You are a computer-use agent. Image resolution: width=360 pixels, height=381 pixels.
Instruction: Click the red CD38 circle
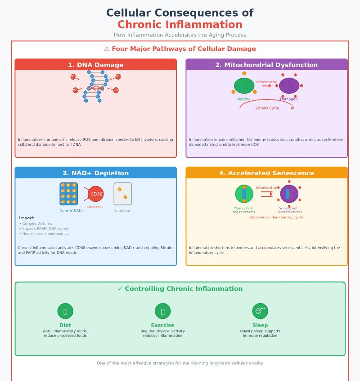[x=95, y=194]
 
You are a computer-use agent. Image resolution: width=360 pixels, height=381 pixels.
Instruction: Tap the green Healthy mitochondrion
[x=244, y=86]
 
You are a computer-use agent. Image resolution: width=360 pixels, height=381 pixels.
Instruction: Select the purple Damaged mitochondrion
[x=289, y=86]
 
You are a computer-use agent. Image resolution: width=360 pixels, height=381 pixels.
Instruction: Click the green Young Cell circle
[x=244, y=194]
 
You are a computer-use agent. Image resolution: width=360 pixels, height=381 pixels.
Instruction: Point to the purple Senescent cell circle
[x=289, y=194]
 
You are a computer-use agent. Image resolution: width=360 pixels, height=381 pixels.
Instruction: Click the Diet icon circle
[x=65, y=311]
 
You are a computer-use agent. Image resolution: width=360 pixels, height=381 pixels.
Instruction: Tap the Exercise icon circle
[x=162, y=311]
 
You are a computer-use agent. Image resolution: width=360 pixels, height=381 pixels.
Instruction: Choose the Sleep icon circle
[x=260, y=311]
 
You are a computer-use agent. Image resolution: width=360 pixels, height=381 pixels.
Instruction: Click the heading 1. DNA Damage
[x=95, y=65]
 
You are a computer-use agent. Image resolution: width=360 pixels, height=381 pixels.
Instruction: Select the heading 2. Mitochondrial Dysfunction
[x=266, y=65]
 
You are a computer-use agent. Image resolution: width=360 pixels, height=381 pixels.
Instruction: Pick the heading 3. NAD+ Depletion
[x=95, y=173]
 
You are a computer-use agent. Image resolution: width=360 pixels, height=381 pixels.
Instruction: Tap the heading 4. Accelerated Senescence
[x=266, y=173]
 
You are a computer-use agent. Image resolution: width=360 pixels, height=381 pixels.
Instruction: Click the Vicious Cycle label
[x=267, y=108]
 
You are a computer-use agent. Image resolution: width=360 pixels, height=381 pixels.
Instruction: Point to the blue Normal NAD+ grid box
[x=68, y=194]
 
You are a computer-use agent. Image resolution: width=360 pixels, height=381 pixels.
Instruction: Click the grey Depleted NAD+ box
[x=122, y=194]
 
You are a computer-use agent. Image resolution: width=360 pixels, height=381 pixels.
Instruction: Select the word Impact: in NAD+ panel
[x=27, y=218]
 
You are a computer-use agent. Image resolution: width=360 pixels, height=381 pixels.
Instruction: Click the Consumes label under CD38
[x=94, y=207]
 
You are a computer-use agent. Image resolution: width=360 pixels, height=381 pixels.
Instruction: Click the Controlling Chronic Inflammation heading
[x=183, y=289]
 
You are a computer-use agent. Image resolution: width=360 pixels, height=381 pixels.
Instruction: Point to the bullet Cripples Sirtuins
[x=36, y=224]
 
